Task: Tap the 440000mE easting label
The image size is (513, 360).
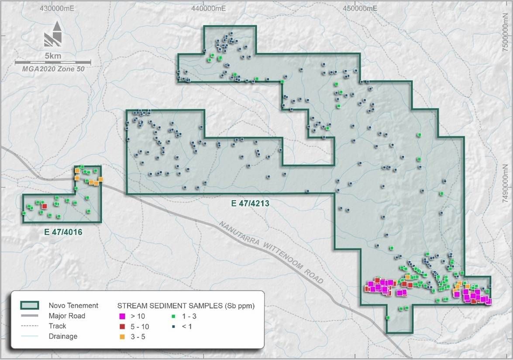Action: [208, 8]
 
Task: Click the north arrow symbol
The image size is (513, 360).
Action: [53, 35]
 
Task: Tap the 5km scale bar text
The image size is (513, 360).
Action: [53, 56]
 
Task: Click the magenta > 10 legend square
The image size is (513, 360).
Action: [122, 316]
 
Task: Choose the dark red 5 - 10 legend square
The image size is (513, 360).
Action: [122, 326]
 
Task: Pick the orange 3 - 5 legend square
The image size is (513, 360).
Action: [122, 336]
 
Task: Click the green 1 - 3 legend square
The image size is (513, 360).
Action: [173, 316]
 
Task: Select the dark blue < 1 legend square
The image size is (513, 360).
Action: [173, 326]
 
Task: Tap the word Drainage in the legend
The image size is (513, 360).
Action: [63, 336]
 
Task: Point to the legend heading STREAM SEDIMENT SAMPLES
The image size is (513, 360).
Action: [186, 306]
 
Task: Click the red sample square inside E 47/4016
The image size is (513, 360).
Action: [44, 206]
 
